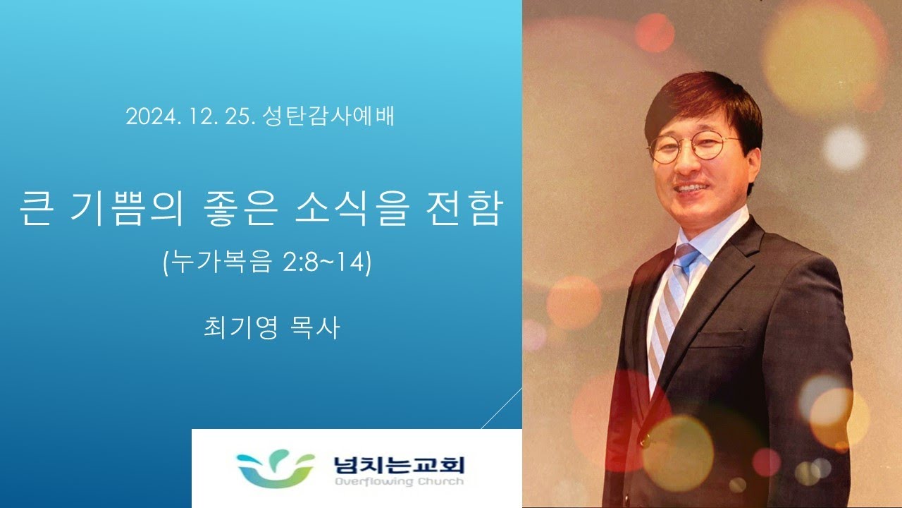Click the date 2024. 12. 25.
(191, 116)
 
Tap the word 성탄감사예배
(328, 116)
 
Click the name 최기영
(240, 327)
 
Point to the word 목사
(315, 327)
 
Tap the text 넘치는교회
(399, 465)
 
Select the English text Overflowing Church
(399, 481)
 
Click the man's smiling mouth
(691, 188)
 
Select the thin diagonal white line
(502, 408)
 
